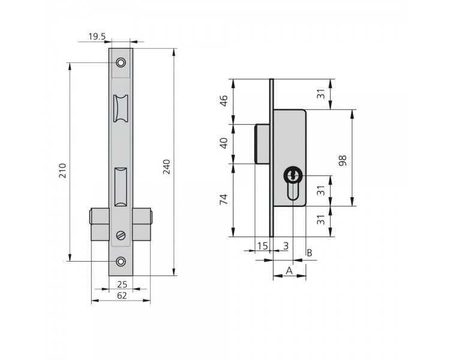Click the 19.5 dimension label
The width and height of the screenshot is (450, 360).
click(97, 37)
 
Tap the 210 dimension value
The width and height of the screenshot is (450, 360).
click(62, 170)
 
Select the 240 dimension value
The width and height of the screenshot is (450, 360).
click(166, 167)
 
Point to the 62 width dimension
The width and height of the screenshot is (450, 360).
click(122, 295)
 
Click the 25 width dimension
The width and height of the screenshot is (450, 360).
click(122, 284)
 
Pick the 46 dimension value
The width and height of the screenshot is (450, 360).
click(224, 100)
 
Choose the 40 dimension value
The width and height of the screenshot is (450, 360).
click(224, 143)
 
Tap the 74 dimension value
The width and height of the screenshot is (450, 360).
click(224, 199)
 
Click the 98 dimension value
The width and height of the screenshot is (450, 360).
click(343, 160)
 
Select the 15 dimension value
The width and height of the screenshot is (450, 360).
click(262, 246)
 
